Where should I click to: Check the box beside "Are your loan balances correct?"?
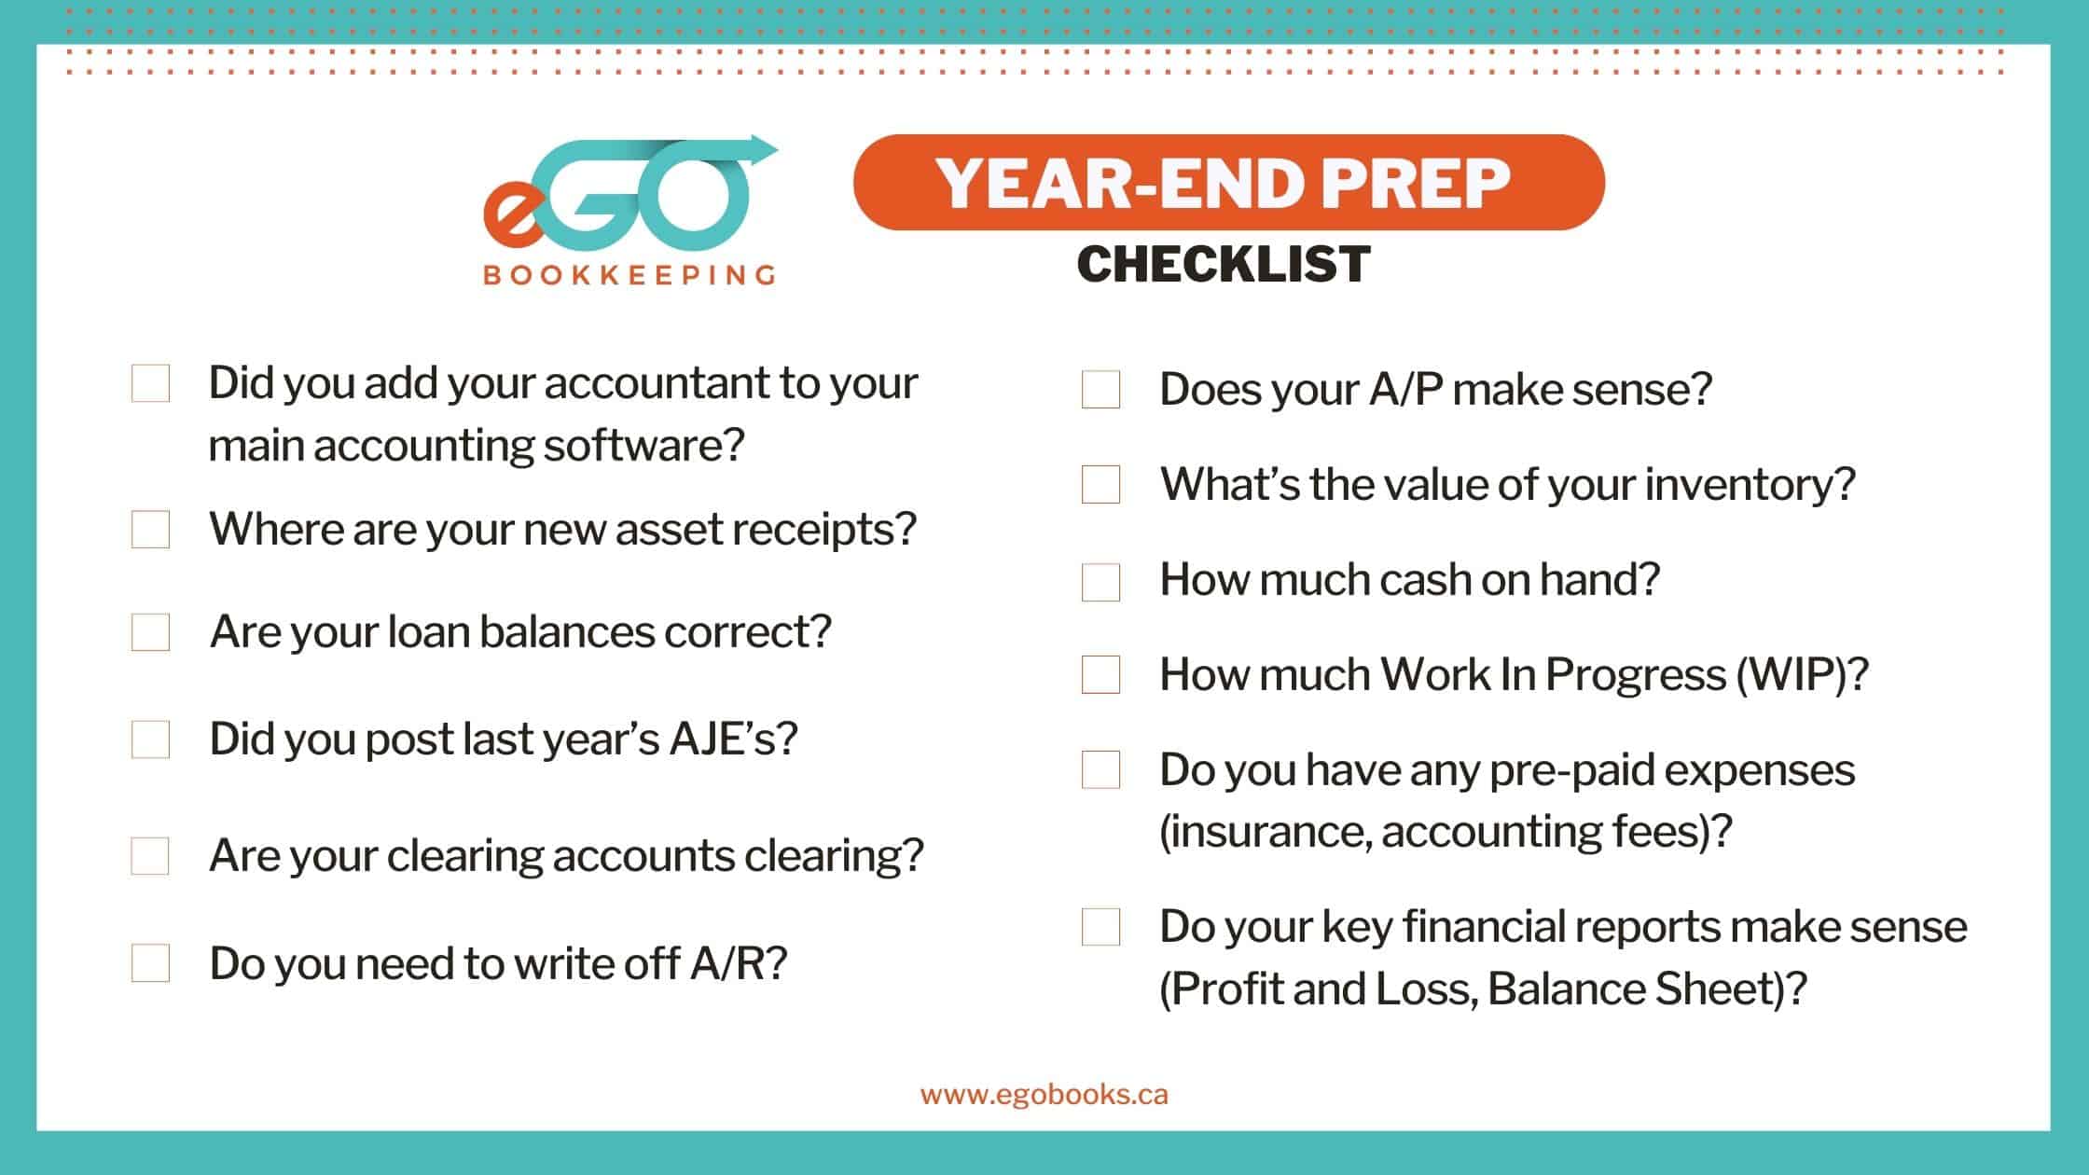tap(150, 632)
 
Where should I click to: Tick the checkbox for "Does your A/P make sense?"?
tap(1100, 390)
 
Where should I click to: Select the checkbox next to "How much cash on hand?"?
tap(1100, 582)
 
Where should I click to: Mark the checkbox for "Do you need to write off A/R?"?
tap(150, 963)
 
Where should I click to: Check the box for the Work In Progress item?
tap(1100, 675)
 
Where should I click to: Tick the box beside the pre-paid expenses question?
tap(1100, 770)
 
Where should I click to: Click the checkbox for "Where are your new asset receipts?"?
tap(150, 530)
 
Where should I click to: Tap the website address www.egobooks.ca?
tap(1044, 1095)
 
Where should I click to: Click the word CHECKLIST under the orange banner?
tap(1224, 264)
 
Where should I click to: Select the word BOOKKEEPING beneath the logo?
tap(629, 275)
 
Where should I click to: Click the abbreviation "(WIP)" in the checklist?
tap(1802, 674)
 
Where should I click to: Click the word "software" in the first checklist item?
tap(644, 445)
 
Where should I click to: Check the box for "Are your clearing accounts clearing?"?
tap(150, 856)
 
